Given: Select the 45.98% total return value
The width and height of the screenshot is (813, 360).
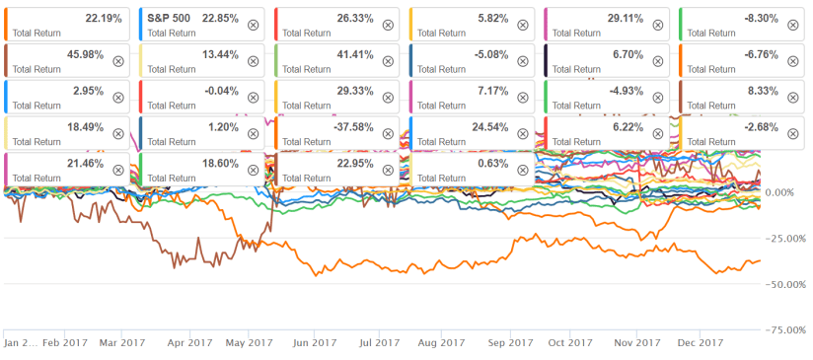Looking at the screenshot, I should coord(88,53).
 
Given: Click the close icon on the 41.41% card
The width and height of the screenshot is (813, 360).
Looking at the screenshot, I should coord(387,60).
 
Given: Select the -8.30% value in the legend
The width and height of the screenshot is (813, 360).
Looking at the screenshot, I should coord(762,17).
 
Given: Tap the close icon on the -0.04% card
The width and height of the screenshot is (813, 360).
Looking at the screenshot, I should coord(253,97).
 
